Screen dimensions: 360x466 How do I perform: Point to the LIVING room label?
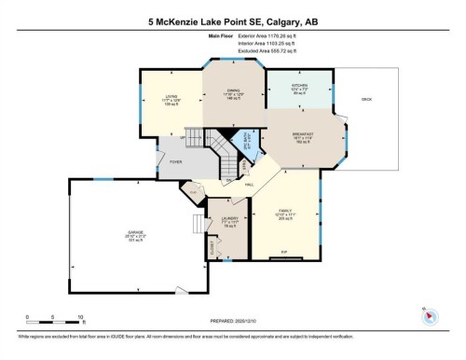pyautogui.click(x=171, y=96)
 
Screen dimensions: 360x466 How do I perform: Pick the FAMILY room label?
pyautogui.click(x=285, y=212)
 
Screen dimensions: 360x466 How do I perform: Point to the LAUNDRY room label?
pyautogui.click(x=229, y=222)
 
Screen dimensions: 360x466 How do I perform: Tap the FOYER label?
pyautogui.click(x=174, y=162)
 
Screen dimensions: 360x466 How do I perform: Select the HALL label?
pyautogui.click(x=251, y=185)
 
